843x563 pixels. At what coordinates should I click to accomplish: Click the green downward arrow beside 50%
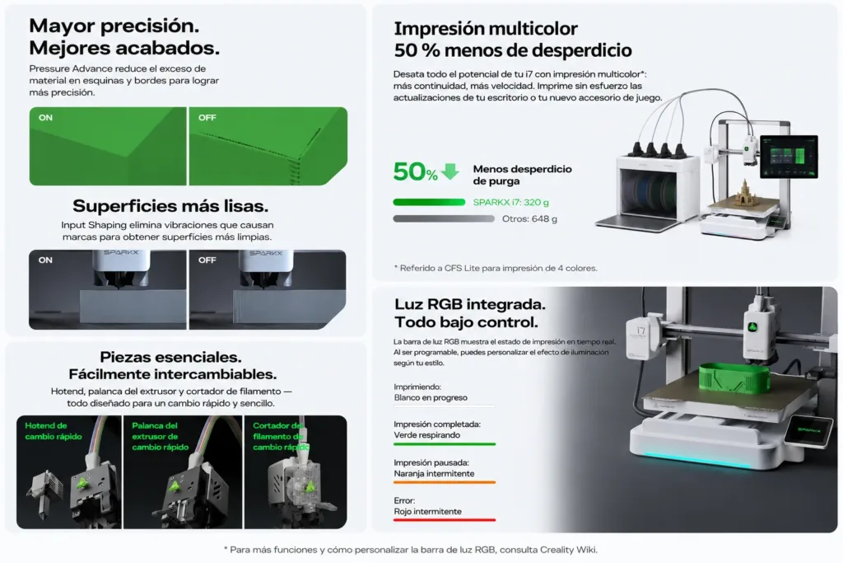450,171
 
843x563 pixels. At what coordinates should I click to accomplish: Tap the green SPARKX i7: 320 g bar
429,203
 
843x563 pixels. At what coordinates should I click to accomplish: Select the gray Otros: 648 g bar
444,218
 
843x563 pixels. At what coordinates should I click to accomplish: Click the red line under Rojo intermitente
445,520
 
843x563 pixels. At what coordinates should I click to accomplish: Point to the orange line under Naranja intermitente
445,482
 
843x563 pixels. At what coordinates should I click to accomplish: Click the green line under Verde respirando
445,444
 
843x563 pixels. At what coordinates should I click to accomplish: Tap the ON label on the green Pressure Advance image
46,117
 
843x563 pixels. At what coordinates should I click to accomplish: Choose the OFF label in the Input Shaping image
207,260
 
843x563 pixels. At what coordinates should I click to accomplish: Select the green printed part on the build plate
734,378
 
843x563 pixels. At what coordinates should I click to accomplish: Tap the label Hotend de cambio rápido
54,431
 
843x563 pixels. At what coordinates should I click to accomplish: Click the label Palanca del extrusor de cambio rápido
161,437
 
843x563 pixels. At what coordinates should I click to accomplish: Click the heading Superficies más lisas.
170,205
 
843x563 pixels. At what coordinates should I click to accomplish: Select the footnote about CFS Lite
495,268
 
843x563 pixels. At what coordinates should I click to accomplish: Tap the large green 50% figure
415,171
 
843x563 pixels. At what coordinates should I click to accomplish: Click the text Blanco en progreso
431,398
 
